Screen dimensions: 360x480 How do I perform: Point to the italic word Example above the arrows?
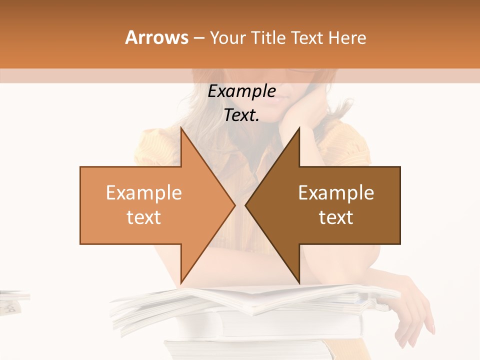(x=241, y=91)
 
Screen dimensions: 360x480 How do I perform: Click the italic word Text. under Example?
(x=241, y=115)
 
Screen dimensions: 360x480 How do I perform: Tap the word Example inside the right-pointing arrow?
(x=143, y=193)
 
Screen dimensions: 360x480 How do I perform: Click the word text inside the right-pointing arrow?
(x=143, y=217)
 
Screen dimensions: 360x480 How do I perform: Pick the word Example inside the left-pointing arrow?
(x=336, y=193)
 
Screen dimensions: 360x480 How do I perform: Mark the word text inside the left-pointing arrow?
(x=336, y=217)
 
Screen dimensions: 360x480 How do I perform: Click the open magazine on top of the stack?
(x=250, y=300)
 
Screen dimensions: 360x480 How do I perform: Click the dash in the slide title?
(x=198, y=38)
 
